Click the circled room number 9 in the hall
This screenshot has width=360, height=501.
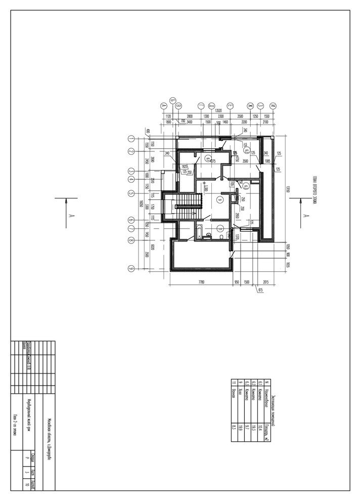click(219, 199)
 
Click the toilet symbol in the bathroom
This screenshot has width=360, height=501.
click(222, 236)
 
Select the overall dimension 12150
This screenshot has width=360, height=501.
click(287, 190)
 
